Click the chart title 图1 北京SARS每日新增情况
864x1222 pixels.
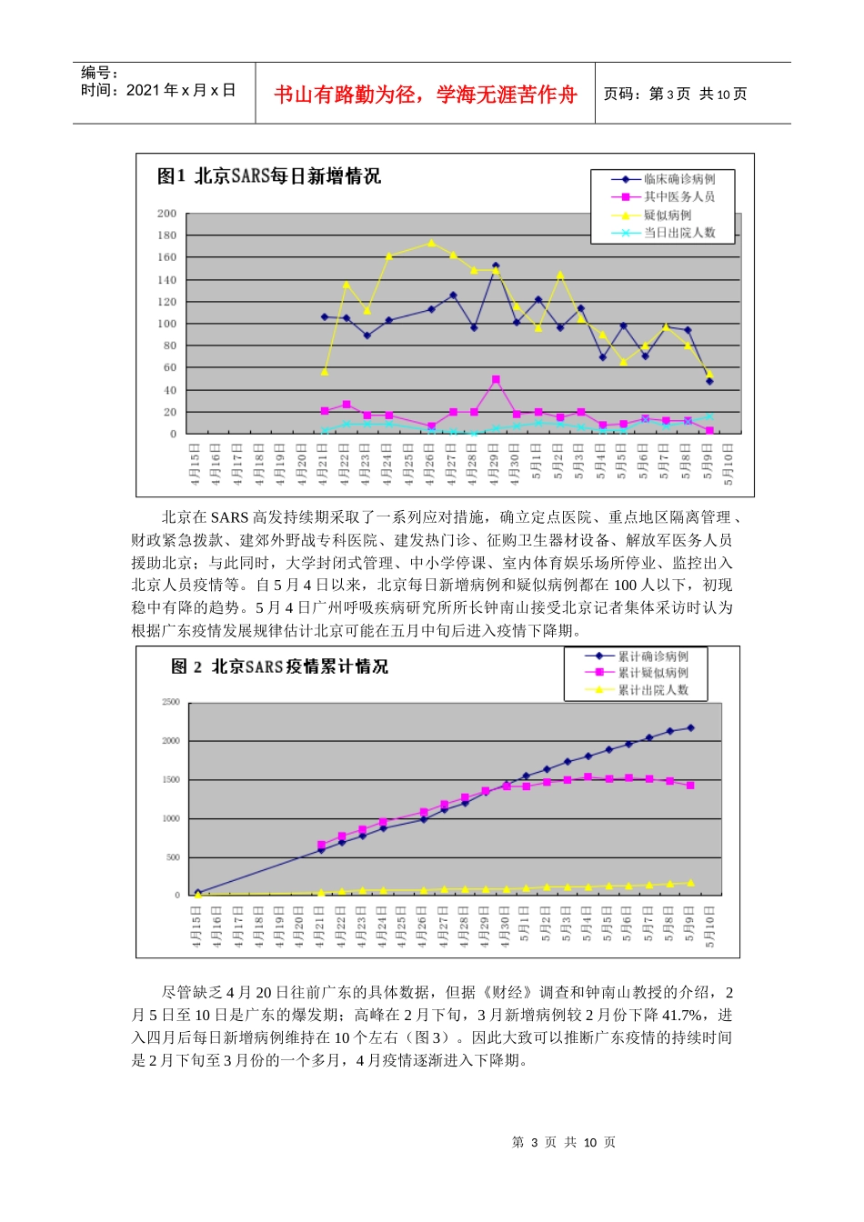[268, 176]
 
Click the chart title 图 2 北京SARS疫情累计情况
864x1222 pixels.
[280, 666]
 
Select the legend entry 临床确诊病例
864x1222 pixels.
[679, 179]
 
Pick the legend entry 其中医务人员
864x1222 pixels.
[679, 196]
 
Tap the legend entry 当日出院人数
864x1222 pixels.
[679, 233]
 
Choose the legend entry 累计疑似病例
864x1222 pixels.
[653, 673]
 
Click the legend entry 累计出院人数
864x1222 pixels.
[653, 690]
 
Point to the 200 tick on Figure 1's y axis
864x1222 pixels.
[167, 214]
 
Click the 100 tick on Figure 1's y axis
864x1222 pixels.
[167, 324]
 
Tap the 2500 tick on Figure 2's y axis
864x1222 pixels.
[171, 702]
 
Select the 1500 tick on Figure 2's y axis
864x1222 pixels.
[171, 780]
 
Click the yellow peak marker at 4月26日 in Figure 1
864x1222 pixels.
[431, 243]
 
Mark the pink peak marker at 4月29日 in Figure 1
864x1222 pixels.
[496, 380]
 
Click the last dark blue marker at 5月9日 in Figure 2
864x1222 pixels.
[690, 727]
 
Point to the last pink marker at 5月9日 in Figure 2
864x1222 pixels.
[690, 785]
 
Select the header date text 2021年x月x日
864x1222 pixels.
[181, 90]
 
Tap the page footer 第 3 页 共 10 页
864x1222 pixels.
[564, 1142]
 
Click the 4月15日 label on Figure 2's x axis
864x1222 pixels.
[197, 927]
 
